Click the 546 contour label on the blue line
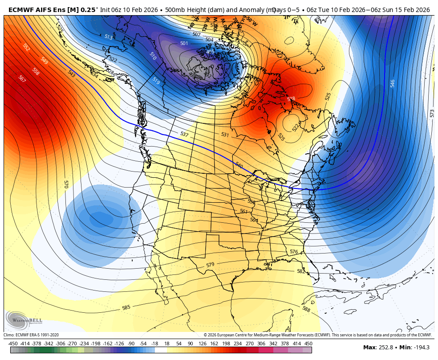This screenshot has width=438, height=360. (392, 83)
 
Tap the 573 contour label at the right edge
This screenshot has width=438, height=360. (432, 113)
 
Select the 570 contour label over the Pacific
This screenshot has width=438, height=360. (66, 184)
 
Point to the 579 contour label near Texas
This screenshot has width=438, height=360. (210, 265)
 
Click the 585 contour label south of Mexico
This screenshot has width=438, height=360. (126, 307)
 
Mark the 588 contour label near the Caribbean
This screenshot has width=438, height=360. (306, 309)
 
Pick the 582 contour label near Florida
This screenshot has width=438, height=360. (301, 271)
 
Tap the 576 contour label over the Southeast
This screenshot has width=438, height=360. (294, 252)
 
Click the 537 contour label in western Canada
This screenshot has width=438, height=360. (184, 134)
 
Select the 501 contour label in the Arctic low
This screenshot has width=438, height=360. (184, 43)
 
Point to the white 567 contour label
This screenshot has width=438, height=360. (22, 78)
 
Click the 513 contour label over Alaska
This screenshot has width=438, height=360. (108, 37)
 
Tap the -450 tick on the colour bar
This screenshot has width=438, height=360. (13, 344)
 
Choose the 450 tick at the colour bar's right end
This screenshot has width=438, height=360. (308, 344)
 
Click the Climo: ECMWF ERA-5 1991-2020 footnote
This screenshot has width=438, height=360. (31, 335)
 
